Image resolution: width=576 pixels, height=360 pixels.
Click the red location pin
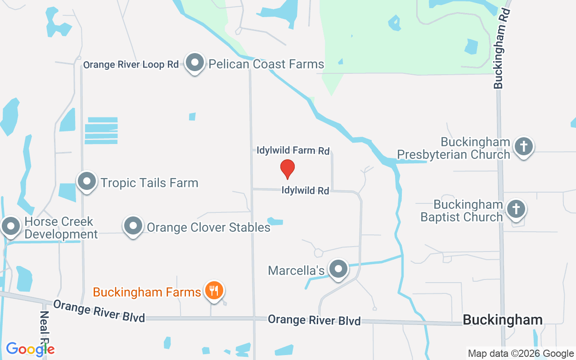288,169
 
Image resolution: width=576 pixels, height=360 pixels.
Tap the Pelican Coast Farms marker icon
195,63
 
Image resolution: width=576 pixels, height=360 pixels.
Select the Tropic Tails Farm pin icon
87,182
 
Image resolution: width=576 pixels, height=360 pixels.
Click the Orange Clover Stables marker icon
133,226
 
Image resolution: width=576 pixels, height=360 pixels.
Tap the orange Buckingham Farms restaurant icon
214,290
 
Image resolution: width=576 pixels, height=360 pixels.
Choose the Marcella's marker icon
338,270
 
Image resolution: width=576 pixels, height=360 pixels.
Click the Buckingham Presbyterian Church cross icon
523,147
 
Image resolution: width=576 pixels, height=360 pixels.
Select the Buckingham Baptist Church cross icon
516,209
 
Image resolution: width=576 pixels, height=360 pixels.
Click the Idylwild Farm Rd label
293,150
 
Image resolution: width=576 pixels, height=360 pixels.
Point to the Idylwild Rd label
306,190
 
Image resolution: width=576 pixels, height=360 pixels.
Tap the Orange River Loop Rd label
131,64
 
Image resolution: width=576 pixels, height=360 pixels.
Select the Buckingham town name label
503,320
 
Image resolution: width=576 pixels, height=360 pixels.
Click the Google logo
30,349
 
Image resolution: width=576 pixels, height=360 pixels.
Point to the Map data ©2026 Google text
521,354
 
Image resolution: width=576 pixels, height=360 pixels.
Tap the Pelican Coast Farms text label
266,64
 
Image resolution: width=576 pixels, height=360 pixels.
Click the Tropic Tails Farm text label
149,183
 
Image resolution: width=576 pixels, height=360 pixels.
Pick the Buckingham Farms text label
147,292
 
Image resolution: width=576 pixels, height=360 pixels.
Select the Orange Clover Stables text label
209,227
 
